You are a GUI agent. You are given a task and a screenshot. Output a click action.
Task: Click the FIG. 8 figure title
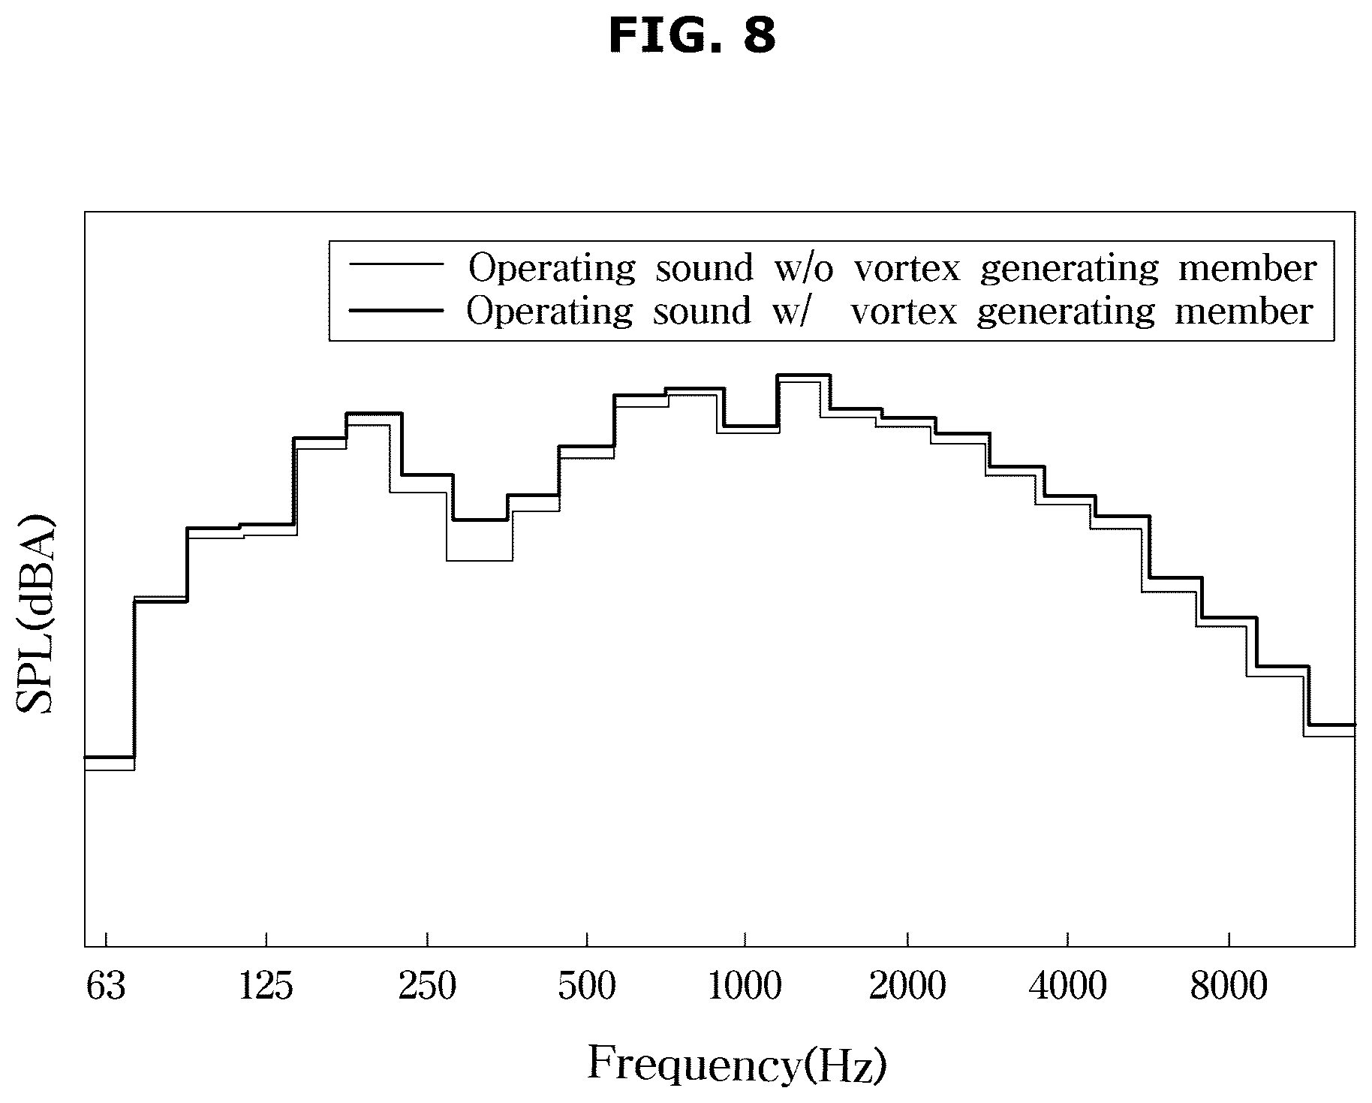pos(691,35)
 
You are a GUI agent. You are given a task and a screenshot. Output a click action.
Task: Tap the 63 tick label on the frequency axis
pos(105,987)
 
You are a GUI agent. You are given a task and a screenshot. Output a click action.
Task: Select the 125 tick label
pos(265,987)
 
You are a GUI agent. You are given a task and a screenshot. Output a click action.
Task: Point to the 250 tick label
pos(427,987)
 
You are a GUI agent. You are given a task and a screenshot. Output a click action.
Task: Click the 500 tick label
pos(586,987)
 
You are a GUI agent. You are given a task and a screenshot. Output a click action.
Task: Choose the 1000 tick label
pos(745,987)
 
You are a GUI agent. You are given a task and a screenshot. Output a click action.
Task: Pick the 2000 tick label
pos(907,987)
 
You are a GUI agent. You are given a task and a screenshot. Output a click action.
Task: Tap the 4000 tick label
pos(1067,987)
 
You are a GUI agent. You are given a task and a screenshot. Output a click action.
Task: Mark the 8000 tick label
pos(1229,987)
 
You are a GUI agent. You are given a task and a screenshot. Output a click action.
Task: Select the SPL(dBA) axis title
pos(35,614)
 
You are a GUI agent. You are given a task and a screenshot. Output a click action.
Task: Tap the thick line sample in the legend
pos(396,309)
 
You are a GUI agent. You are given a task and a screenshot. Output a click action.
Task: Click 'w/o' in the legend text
pos(803,269)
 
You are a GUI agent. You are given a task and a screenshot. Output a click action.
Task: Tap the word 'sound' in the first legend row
pos(704,269)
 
